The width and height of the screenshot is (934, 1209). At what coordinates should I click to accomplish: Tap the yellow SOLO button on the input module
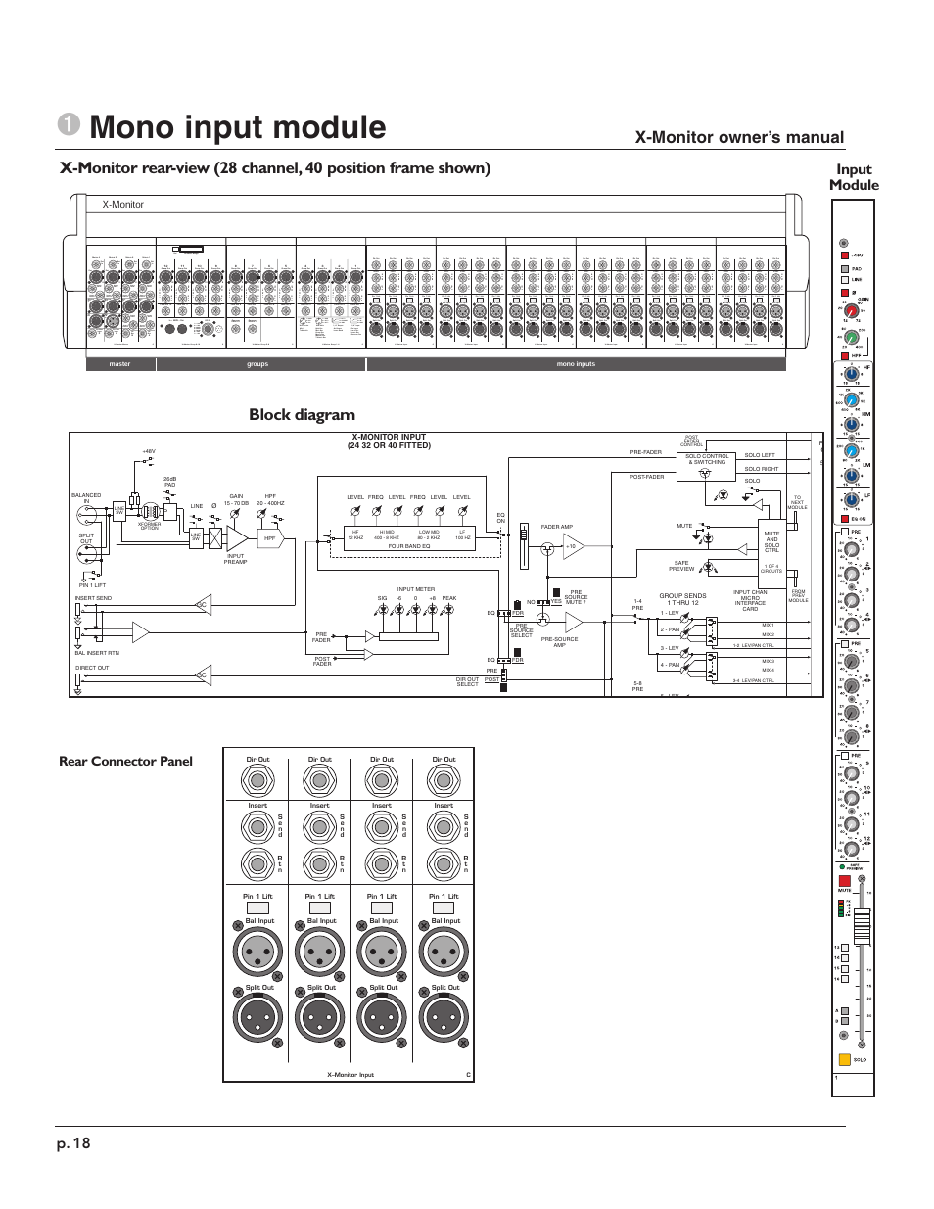tap(844, 1058)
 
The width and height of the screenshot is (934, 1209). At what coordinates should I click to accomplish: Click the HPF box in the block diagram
tap(269, 538)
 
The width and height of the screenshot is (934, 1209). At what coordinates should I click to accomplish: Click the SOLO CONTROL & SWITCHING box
tap(707, 458)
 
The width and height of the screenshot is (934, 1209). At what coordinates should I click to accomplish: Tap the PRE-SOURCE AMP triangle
tap(572, 623)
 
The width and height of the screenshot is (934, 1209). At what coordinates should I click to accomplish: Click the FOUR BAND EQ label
tap(409, 546)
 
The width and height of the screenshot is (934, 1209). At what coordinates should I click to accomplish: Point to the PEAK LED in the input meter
tap(448, 609)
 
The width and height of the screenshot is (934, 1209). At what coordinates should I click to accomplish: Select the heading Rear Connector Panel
tap(125, 761)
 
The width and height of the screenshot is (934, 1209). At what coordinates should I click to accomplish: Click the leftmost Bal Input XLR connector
tap(257, 952)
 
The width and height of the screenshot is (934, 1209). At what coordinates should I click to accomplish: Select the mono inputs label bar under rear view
tap(576, 364)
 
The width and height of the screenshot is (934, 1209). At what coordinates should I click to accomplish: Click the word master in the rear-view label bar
tap(119, 364)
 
